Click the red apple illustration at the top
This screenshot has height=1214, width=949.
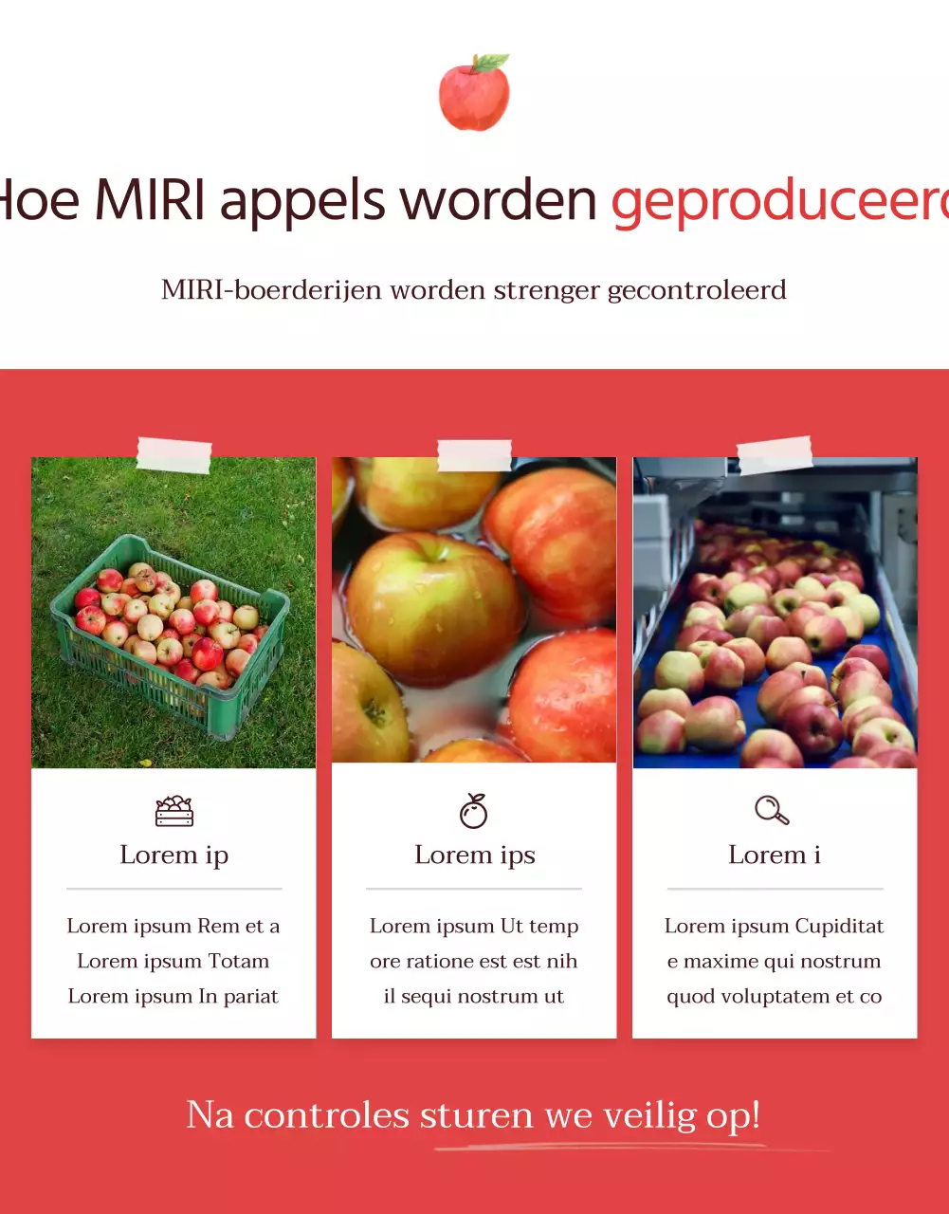pyautogui.click(x=474, y=93)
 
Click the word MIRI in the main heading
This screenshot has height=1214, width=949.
pyautogui.click(x=150, y=201)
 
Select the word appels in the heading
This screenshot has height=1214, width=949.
pyautogui.click(x=303, y=201)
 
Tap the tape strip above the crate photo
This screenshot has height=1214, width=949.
pyautogui.click(x=174, y=455)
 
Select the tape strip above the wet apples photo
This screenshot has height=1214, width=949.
pyautogui.click(x=474, y=455)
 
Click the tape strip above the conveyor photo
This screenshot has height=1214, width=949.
pyautogui.click(x=775, y=455)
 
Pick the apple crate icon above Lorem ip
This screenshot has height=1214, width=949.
pyautogui.click(x=174, y=811)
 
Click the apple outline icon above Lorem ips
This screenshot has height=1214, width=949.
pyautogui.click(x=474, y=811)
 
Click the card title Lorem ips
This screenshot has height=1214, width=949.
pyautogui.click(x=475, y=855)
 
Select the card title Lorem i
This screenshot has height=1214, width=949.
pyautogui.click(x=775, y=855)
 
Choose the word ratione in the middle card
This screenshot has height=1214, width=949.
pyautogui.click(x=444, y=962)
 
